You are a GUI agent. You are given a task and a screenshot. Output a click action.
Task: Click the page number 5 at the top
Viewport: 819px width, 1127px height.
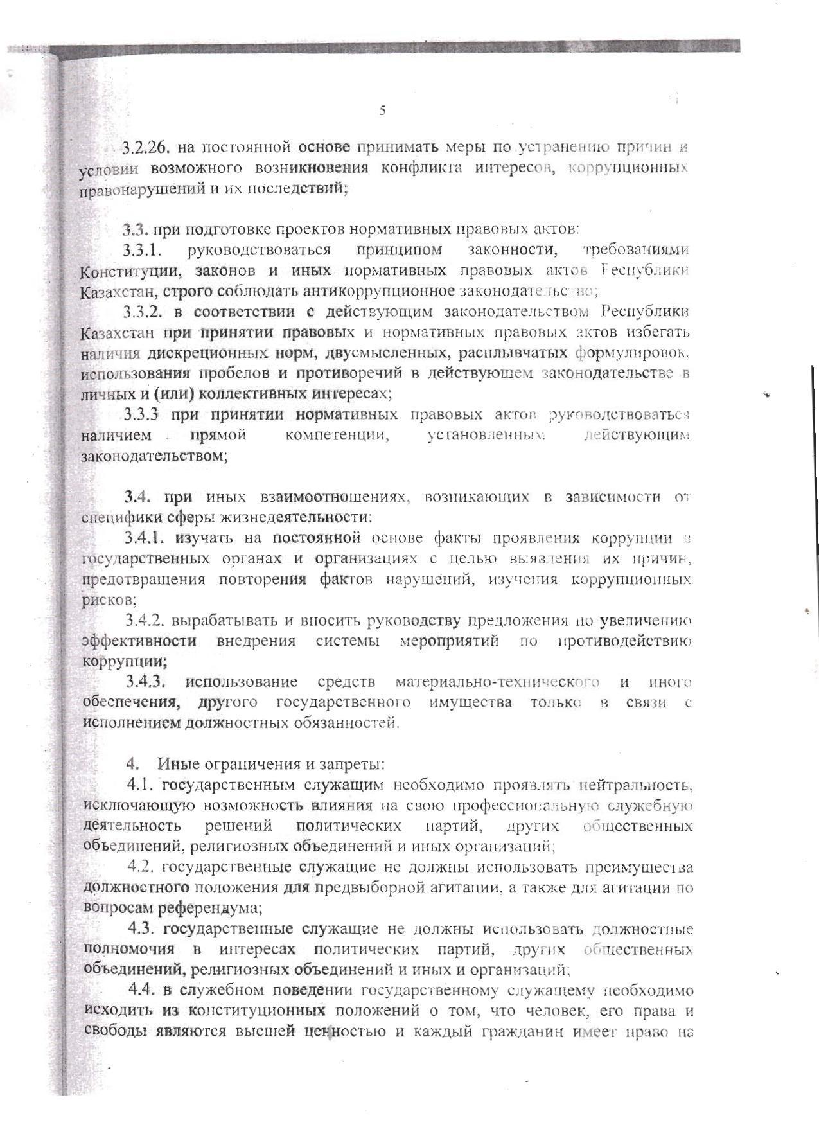(x=383, y=111)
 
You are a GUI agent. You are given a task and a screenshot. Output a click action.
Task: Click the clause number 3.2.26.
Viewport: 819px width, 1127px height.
(x=145, y=147)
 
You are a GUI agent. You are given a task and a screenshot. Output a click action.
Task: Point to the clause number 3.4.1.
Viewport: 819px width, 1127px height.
(x=146, y=538)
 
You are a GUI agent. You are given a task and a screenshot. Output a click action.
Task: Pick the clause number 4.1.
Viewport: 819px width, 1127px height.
(x=141, y=785)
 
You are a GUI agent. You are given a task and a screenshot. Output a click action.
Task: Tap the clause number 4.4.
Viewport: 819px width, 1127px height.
(x=142, y=990)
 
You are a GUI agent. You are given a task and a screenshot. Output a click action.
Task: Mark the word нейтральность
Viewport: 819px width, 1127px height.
(x=635, y=785)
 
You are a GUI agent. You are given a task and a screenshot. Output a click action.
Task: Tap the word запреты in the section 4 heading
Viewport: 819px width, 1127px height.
(x=355, y=764)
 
